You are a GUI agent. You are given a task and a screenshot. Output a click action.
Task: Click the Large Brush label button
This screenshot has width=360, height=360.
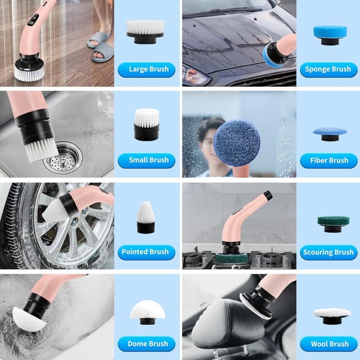click(146, 70)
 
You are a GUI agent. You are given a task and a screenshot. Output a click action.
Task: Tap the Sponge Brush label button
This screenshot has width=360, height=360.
click(328, 70)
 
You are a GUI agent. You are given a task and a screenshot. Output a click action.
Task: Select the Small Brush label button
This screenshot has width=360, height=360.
click(146, 160)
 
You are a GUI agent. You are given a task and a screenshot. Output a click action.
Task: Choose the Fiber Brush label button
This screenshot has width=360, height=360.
click(328, 161)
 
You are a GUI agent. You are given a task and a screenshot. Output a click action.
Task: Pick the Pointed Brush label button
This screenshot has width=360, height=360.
click(146, 253)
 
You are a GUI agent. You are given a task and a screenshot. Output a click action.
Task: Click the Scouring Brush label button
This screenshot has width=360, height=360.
click(328, 253)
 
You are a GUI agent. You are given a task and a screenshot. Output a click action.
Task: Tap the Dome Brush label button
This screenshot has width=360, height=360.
click(146, 344)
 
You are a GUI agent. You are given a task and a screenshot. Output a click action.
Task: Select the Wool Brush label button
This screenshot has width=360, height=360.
click(328, 344)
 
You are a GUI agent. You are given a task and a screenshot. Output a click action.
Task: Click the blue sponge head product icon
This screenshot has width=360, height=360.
click(330, 35)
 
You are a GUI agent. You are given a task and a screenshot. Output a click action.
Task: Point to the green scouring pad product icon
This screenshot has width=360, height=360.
click(334, 224)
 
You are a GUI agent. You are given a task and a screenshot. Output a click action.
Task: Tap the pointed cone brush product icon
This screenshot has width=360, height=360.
click(146, 218)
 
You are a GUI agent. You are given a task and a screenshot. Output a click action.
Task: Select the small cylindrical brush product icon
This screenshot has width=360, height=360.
click(146, 124)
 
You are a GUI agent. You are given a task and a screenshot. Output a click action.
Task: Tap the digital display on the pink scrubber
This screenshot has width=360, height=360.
click(33, 20)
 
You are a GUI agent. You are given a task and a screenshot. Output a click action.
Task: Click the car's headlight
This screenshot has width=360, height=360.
click(195, 75)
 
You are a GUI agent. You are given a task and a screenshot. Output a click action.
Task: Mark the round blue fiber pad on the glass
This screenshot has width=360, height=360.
click(237, 143)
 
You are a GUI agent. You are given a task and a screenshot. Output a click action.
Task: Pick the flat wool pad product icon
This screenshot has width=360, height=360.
click(332, 316)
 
